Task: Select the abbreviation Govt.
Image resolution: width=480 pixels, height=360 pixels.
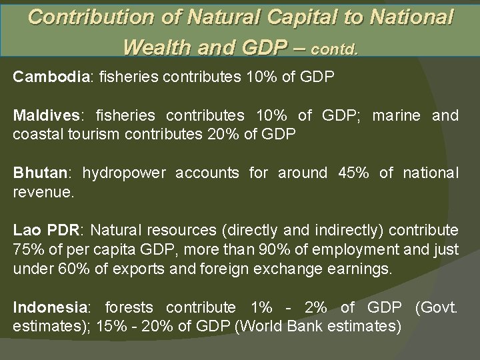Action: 437,308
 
